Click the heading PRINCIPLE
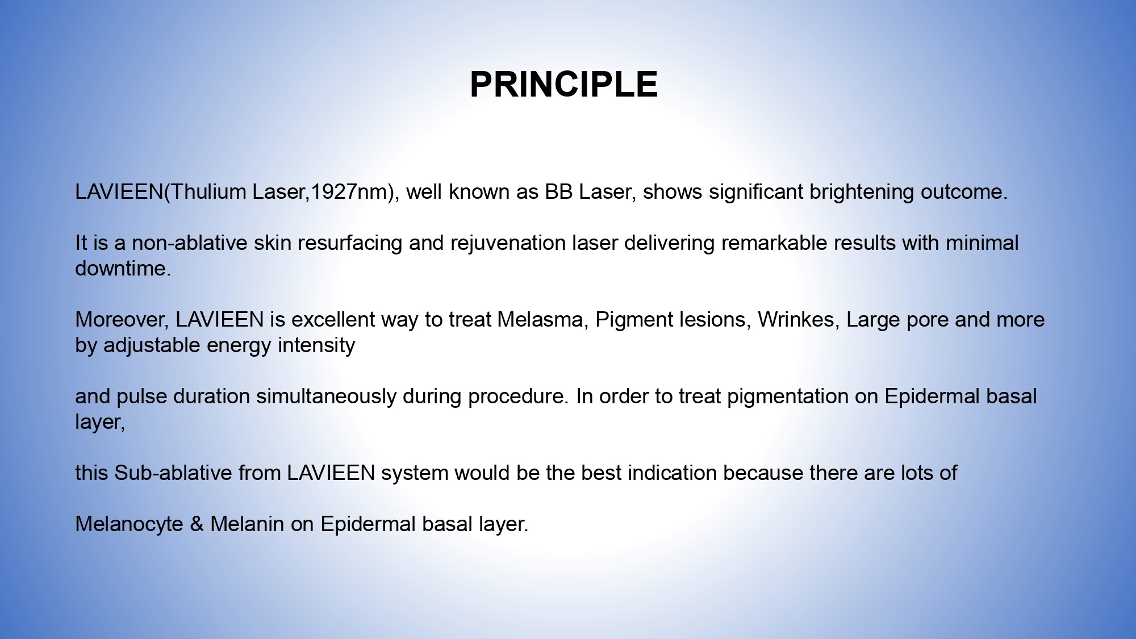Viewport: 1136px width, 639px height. click(563, 85)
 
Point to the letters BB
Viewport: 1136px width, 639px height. click(558, 192)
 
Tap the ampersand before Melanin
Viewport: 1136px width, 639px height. click(197, 524)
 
